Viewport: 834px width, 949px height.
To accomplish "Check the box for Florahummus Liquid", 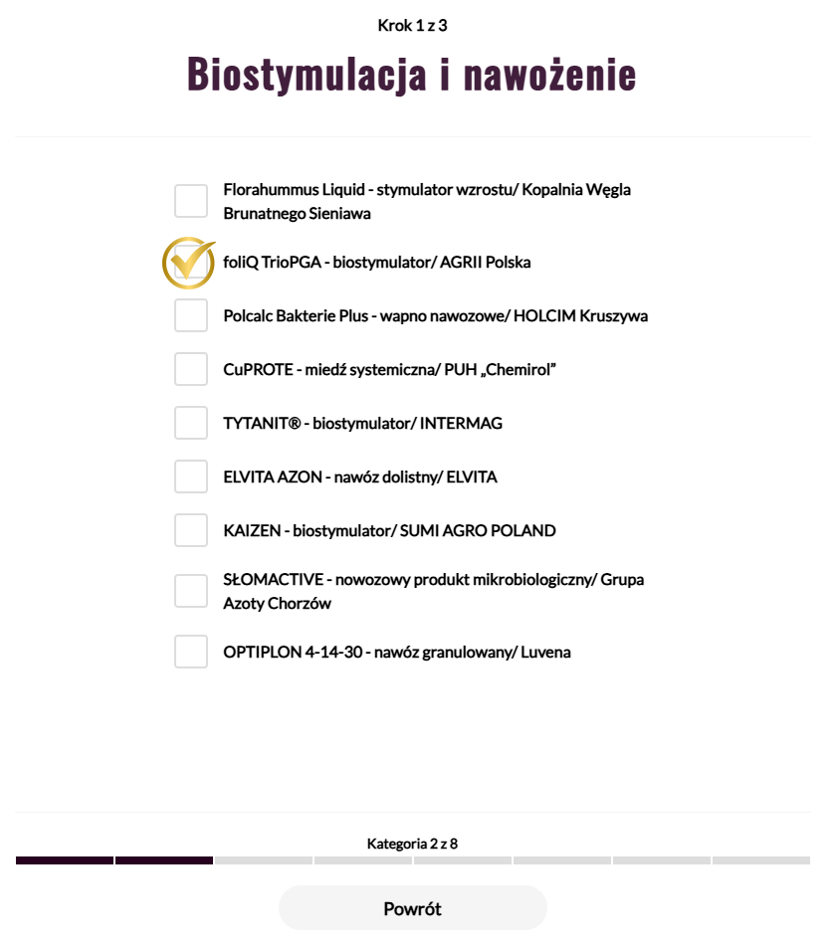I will point(191,201).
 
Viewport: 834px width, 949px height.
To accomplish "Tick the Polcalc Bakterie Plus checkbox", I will point(191,316).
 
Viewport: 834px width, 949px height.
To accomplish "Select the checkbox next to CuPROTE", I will point(191,370).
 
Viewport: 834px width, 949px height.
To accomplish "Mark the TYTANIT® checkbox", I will point(191,424).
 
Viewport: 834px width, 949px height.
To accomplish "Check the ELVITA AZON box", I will point(191,477).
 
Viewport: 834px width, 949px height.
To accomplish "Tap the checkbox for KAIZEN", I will point(191,531).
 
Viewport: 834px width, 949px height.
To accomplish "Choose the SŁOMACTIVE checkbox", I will point(191,591).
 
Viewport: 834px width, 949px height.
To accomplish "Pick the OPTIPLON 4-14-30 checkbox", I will point(191,653).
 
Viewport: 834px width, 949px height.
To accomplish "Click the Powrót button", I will point(412,908).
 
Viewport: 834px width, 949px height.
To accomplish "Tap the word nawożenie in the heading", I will point(532,75).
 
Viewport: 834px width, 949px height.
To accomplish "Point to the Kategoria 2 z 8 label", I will point(412,844).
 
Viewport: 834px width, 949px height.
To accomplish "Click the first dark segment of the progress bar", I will point(65,860).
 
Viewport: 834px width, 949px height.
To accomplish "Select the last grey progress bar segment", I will point(760,860).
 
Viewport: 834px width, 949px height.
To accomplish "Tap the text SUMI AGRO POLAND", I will point(478,531).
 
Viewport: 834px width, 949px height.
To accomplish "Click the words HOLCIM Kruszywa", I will point(580,316).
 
